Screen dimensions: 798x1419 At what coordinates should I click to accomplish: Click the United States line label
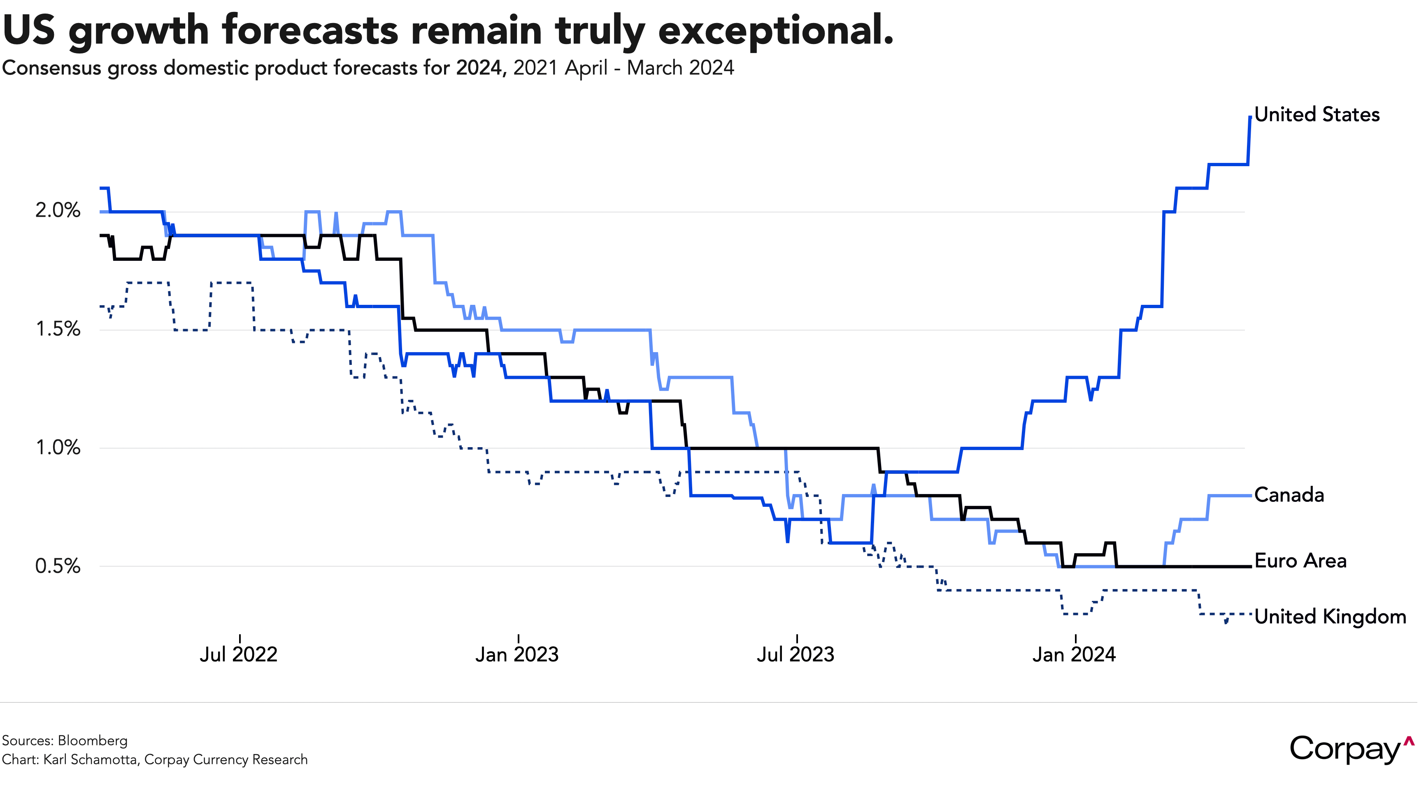click(1317, 114)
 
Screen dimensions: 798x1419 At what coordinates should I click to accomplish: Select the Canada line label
click(1289, 495)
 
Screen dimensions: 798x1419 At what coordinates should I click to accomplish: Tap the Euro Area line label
click(1300, 561)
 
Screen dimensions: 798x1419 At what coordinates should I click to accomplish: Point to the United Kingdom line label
click(1330, 616)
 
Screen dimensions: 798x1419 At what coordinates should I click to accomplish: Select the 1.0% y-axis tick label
click(58, 447)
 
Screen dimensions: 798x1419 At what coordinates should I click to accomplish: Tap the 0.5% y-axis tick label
click(58, 566)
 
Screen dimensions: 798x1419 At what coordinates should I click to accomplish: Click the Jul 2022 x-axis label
click(239, 654)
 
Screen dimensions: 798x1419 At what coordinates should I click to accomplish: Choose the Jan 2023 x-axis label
click(517, 654)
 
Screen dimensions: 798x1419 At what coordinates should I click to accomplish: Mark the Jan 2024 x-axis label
click(1074, 654)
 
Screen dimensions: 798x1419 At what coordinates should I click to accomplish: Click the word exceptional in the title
click(776, 31)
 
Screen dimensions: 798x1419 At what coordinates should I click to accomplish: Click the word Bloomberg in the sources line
click(93, 741)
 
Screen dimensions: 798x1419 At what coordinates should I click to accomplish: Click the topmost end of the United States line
click(1250, 117)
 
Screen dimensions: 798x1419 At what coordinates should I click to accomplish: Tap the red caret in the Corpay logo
click(1409, 741)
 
